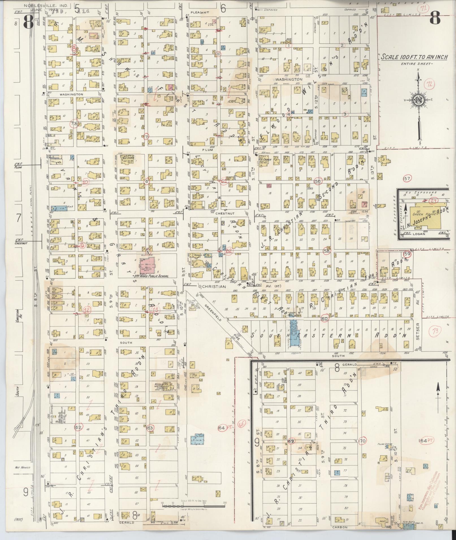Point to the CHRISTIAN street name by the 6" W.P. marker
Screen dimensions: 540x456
pos(214,287)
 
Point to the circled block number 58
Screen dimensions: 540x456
pos(327,251)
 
